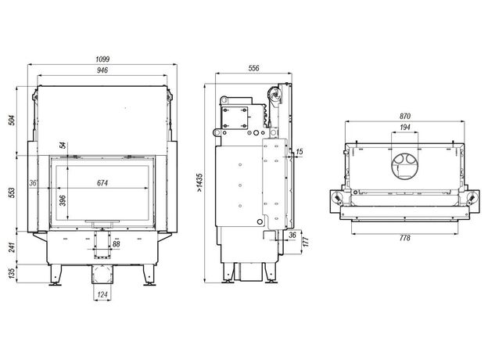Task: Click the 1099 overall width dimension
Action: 102,59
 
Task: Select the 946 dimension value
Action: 102,70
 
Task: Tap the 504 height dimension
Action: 12,121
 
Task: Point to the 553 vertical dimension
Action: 12,193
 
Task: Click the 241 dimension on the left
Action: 12,247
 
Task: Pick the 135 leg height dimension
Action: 12,273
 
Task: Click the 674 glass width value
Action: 102,183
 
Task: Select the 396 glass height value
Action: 63,200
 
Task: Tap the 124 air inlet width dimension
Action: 102,294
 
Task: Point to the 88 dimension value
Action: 116,244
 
